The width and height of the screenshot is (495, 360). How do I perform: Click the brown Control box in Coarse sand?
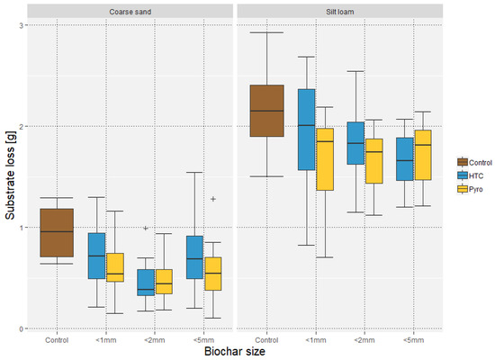[57, 233]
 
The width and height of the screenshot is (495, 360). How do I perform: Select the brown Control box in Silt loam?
[267, 111]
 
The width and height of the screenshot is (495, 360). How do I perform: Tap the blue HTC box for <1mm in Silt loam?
[307, 130]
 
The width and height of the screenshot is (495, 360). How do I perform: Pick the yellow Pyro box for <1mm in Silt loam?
[325, 159]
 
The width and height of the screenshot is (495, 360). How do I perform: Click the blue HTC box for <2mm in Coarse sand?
[146, 283]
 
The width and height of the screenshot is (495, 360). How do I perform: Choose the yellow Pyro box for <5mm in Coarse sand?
[213, 274]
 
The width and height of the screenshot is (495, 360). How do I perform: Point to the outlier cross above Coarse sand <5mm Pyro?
[213, 199]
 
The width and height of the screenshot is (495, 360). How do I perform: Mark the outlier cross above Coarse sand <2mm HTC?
[146, 228]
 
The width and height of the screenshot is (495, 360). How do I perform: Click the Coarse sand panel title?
[130, 12]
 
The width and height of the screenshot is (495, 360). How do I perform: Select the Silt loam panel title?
[340, 12]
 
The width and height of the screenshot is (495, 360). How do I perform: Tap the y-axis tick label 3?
[22, 25]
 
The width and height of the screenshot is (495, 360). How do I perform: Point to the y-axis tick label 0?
[22, 328]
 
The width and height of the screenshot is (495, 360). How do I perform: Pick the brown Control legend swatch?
[463, 162]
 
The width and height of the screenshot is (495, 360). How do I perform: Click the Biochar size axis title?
[235, 352]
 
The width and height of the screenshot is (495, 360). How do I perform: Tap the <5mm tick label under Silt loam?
[414, 340]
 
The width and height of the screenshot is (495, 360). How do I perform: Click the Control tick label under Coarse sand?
[57, 340]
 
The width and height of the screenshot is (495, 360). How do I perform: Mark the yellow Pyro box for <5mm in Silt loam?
[423, 155]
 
